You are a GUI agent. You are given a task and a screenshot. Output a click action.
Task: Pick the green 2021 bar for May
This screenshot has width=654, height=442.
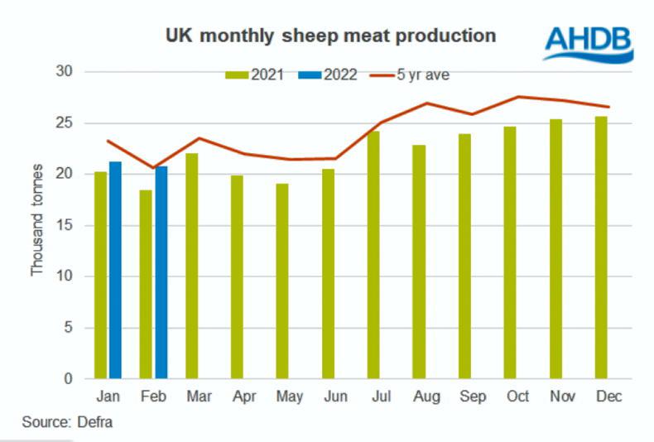[282, 281]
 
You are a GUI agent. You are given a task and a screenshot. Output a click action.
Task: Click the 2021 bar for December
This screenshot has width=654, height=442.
[601, 247]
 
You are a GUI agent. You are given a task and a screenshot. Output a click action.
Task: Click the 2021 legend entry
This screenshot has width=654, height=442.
[256, 74]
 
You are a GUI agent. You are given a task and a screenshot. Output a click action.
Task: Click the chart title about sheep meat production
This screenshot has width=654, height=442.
[330, 36]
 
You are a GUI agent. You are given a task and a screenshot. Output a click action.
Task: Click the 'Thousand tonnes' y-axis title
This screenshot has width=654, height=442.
[37, 219]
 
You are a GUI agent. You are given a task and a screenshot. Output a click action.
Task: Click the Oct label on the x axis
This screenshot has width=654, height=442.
[517, 397]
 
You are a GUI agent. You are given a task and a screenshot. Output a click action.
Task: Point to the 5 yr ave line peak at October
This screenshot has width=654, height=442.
[518, 97]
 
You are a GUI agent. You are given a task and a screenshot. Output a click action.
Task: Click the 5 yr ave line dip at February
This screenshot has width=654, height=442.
[154, 168]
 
